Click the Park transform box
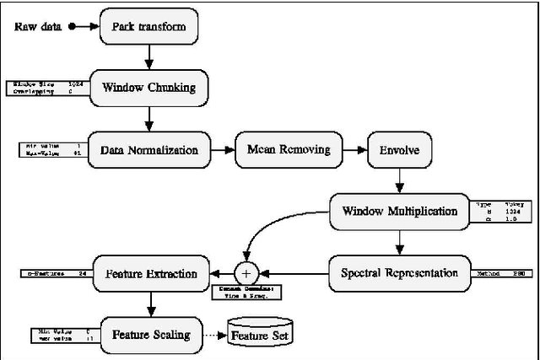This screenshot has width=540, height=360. click(x=149, y=27)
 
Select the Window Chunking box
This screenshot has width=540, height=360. click(x=149, y=87)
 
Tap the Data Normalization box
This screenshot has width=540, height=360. click(x=149, y=150)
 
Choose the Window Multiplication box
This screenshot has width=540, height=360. click(x=400, y=211)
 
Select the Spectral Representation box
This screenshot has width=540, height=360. click(x=400, y=273)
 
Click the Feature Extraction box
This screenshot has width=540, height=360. click(x=149, y=273)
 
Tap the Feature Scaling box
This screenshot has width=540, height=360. click(x=149, y=334)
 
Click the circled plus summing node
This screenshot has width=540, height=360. click(x=246, y=273)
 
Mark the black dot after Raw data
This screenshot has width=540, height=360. click(x=73, y=27)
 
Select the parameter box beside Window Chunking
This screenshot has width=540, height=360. click(x=47, y=88)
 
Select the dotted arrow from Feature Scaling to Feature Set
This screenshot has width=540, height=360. click(x=216, y=335)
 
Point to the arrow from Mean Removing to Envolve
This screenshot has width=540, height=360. click(x=353, y=150)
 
